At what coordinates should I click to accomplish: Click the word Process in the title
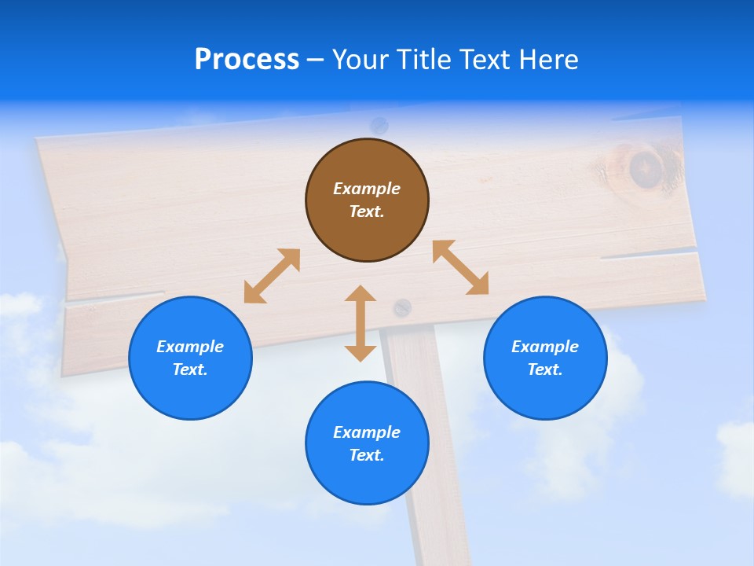(x=247, y=60)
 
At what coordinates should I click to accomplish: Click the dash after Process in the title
(x=315, y=61)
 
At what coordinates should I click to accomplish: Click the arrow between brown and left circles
(x=272, y=276)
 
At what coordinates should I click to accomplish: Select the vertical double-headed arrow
(x=361, y=323)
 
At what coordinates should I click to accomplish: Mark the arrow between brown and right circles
(x=460, y=267)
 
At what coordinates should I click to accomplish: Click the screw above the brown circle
(x=379, y=124)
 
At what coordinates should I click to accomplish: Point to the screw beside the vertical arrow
(x=402, y=307)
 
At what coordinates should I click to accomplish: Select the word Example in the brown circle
(x=367, y=189)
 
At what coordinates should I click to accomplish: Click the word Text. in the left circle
(x=190, y=369)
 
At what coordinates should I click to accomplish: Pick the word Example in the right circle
(x=545, y=347)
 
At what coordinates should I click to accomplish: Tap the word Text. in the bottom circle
(x=367, y=455)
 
